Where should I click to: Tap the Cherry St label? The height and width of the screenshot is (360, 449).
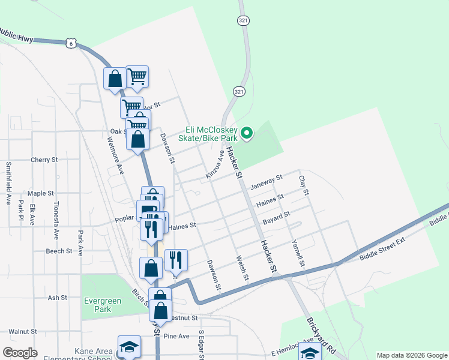44,160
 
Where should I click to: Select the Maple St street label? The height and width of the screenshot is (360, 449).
41,194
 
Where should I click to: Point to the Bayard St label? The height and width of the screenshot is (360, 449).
276,217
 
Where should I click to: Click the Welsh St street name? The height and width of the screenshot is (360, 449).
242,267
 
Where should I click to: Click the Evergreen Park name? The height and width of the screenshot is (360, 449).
107,305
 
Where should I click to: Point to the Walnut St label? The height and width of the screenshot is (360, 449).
23,331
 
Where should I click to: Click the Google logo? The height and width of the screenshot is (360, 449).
20,353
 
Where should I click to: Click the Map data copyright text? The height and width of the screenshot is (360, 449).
411,355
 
